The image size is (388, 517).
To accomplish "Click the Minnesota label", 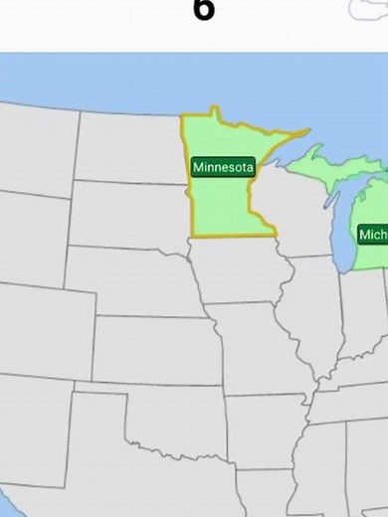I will tap(223, 167).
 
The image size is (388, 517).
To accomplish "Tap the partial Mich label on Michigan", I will tap(373, 235).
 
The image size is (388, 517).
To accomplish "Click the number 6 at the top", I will tap(203, 10).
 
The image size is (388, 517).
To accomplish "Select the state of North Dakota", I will tap(130, 149).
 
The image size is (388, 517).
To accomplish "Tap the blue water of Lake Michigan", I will tap(343, 229).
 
